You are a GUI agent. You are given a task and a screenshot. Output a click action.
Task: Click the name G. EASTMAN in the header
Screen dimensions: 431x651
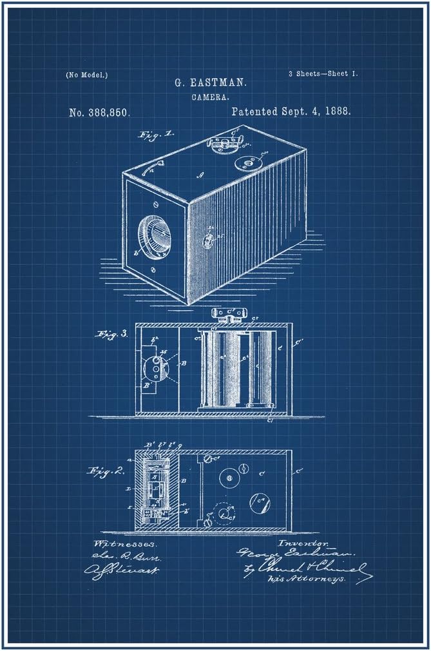pyautogui.click(x=211, y=83)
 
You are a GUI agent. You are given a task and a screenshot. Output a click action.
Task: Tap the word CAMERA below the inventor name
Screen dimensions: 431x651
pyautogui.click(x=211, y=97)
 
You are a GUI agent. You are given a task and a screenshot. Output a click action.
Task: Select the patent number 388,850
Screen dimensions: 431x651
pyautogui.click(x=100, y=112)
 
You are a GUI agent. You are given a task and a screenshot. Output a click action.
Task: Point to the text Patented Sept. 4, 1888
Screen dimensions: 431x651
pyautogui.click(x=291, y=112)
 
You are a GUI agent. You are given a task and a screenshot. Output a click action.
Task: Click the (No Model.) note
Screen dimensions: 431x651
pyautogui.click(x=86, y=75)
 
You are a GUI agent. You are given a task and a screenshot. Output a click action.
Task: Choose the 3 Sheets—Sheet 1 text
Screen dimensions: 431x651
pyautogui.click(x=323, y=74)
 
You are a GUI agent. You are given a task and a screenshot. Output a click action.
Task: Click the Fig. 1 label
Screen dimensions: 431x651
pyautogui.click(x=156, y=135)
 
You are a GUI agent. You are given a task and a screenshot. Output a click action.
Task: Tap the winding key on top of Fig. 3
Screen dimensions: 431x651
pyautogui.click(x=227, y=315)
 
